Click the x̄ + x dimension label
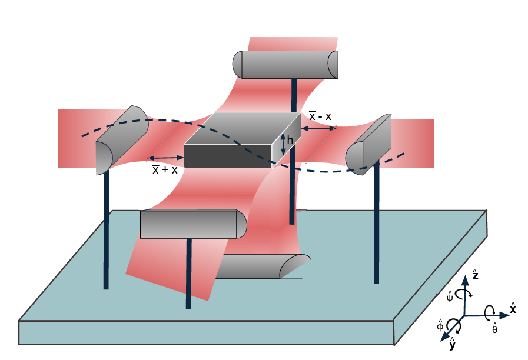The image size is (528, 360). [165, 169]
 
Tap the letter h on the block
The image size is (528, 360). [290, 142]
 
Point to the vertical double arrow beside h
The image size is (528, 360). [283, 144]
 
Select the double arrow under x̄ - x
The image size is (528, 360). [318, 128]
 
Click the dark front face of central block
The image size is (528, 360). [227, 156]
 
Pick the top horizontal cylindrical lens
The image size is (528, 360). [286, 64]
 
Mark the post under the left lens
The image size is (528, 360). [106, 229]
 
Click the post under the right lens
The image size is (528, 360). [376, 229]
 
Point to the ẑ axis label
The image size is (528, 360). [474, 275]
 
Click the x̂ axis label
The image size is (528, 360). [513, 308]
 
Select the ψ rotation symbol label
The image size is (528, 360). [450, 297]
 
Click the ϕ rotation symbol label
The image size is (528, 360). [440, 325]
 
